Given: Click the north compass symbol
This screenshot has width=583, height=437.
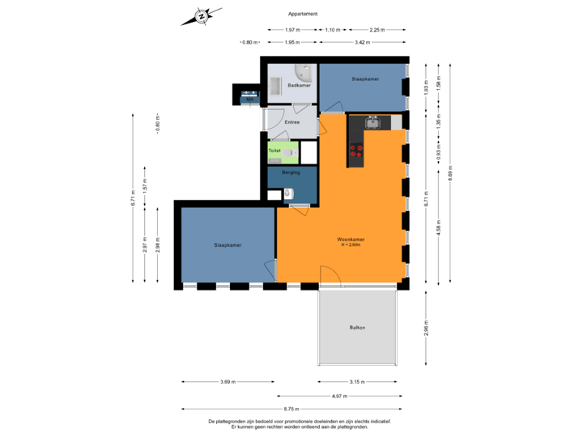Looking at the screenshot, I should click(201, 16).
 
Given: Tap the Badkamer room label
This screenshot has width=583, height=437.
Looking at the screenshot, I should click(289, 85).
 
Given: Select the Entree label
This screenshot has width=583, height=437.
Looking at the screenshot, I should click(291, 122).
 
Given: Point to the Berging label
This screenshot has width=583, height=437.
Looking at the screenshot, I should click(291, 172).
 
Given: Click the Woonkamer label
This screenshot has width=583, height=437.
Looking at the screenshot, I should click(351, 240).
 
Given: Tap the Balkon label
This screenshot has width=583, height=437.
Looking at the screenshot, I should click(357, 327).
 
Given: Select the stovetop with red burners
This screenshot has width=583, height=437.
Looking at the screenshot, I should click(355, 150).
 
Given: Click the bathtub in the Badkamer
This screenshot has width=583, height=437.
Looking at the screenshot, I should click(274, 87).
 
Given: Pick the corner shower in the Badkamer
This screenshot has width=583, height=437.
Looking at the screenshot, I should click(305, 73).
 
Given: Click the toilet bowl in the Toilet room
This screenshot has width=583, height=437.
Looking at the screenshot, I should click(292, 151).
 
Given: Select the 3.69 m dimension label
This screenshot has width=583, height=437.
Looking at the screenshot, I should click(228, 382).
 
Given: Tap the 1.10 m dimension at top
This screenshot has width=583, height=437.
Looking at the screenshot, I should click(332, 29).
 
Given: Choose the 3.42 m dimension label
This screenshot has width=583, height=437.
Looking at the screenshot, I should click(362, 42).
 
